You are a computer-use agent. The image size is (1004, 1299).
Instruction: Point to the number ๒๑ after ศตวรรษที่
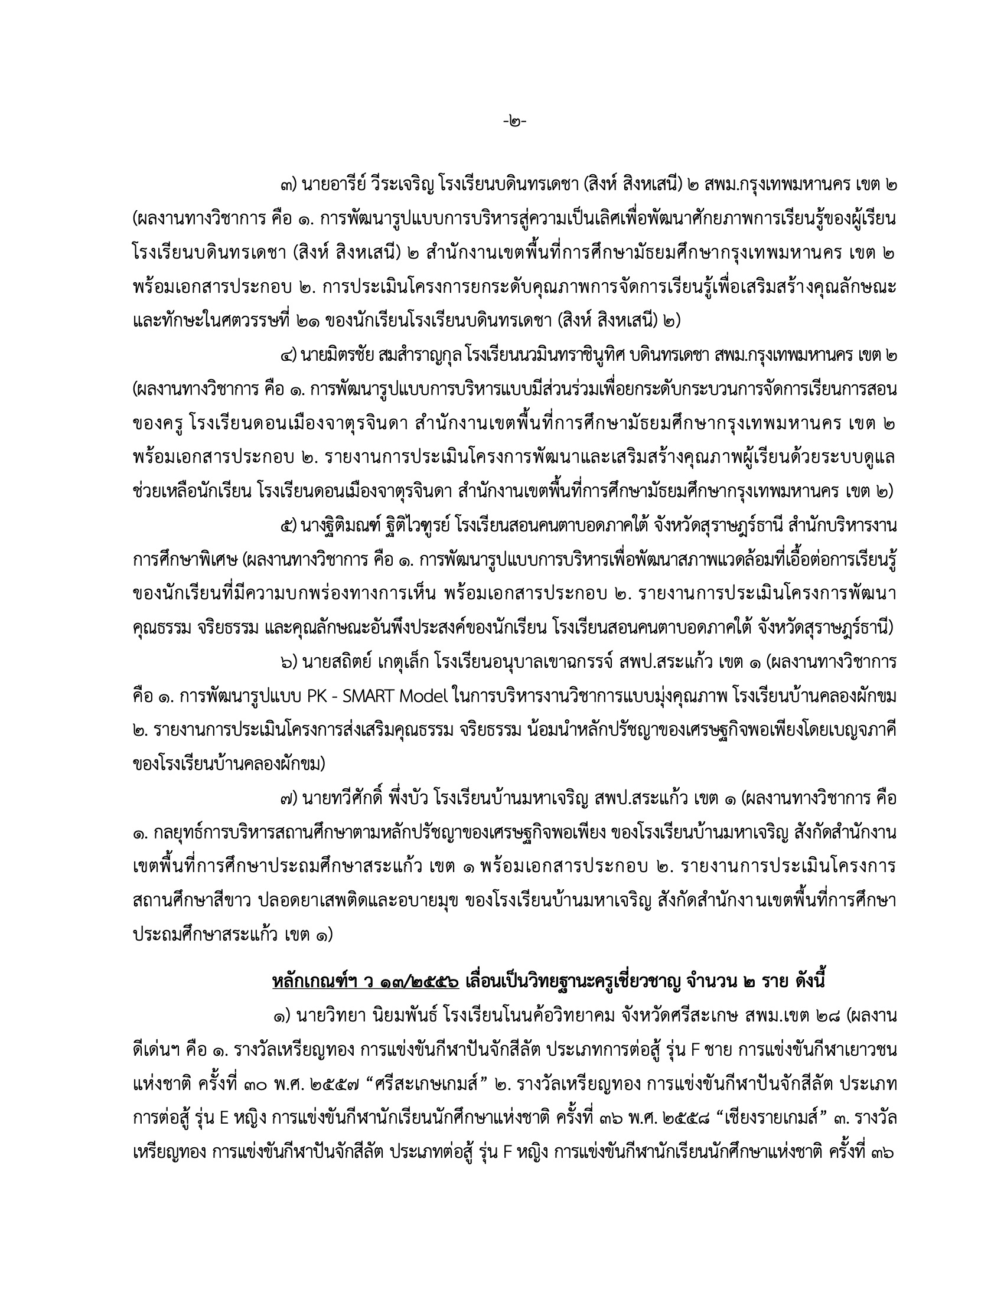tap(307, 322)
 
